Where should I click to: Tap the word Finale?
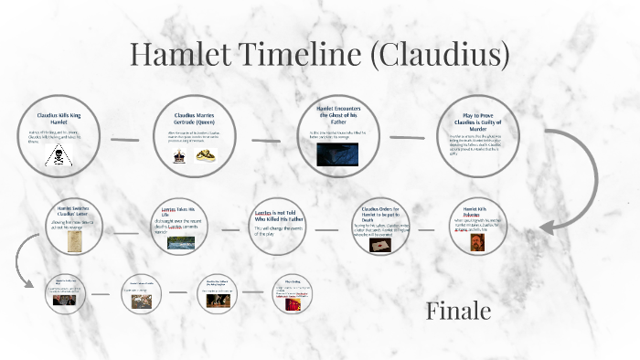coord(458,312)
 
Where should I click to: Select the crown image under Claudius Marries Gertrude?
coord(179,155)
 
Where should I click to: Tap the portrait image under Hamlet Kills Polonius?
coord(475,242)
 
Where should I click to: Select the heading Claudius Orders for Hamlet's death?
coord(376,214)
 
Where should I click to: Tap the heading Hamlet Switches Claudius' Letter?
coord(75,210)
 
